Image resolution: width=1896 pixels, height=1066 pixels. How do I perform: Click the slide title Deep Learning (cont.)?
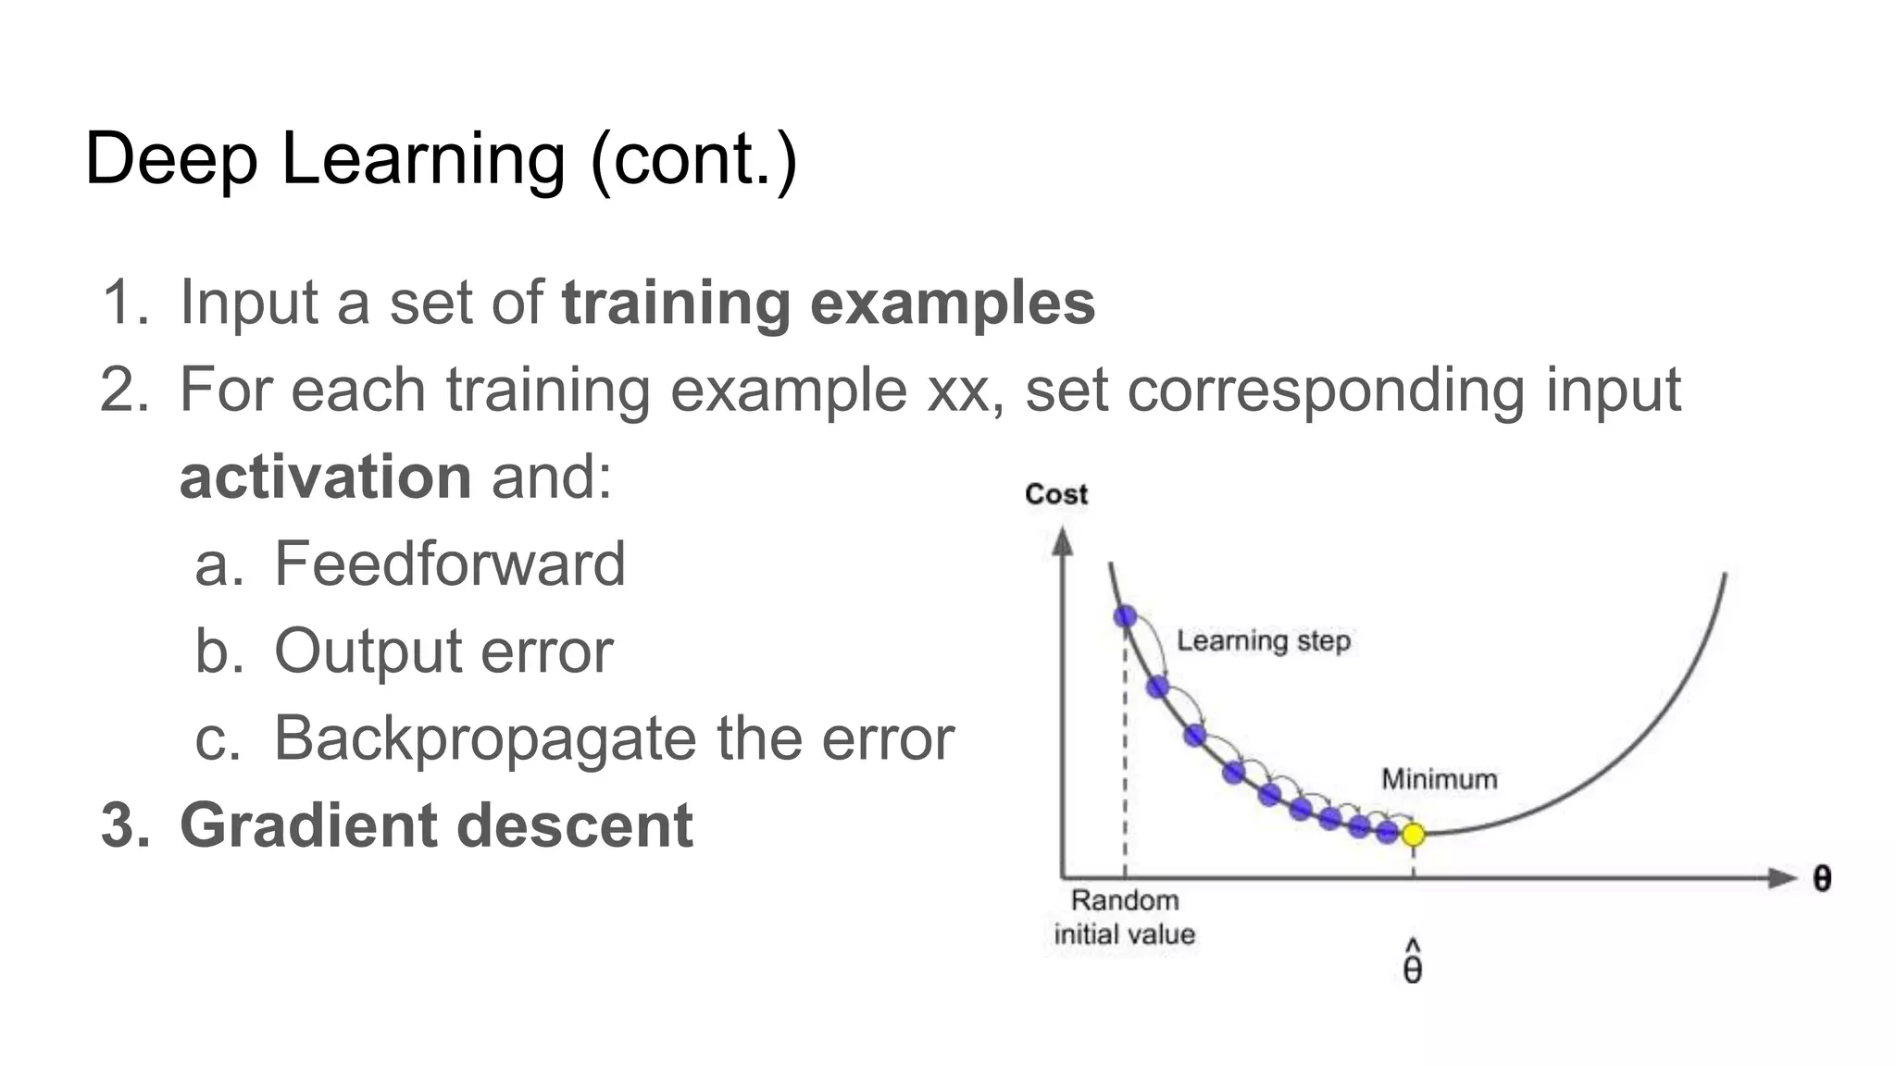441,159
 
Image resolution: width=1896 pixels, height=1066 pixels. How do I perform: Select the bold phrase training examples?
828,303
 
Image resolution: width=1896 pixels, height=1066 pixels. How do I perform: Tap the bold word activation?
326,477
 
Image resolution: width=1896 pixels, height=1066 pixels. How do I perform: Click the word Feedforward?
450,564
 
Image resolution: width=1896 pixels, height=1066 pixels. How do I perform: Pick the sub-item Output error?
443,651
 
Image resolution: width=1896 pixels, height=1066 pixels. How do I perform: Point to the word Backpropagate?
485,738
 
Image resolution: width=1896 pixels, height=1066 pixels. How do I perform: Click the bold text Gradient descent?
436,825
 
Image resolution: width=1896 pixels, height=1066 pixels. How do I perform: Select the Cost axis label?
1055,494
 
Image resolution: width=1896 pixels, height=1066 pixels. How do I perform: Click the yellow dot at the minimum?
1413,835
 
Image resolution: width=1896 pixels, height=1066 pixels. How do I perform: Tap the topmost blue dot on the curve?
1125,616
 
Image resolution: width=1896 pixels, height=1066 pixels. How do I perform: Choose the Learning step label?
1263,640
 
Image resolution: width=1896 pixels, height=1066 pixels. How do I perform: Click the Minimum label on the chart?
1439,779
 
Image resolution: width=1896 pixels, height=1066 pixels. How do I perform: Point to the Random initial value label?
1124,917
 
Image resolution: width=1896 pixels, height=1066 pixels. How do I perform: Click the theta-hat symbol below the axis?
1413,964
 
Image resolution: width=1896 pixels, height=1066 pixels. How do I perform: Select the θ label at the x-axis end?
1821,878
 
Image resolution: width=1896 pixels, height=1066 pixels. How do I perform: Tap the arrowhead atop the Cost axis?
1063,542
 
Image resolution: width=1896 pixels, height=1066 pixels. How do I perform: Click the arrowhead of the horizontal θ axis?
1781,878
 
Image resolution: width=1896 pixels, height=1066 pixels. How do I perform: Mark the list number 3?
123,825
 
